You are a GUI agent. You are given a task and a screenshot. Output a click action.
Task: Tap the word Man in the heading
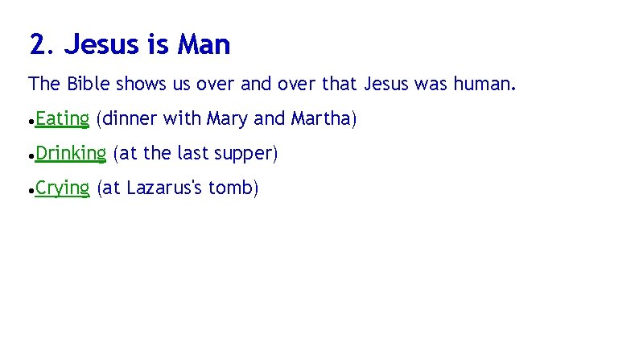204,44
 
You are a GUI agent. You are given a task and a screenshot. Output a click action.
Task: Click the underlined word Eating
62,119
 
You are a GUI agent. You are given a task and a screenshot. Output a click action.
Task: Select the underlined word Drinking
71,153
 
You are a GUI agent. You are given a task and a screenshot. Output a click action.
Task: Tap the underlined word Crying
63,188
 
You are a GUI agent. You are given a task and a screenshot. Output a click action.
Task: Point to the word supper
248,154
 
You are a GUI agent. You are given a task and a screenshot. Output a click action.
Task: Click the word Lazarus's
164,188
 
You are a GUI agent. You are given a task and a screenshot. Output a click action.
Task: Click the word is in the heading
158,44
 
